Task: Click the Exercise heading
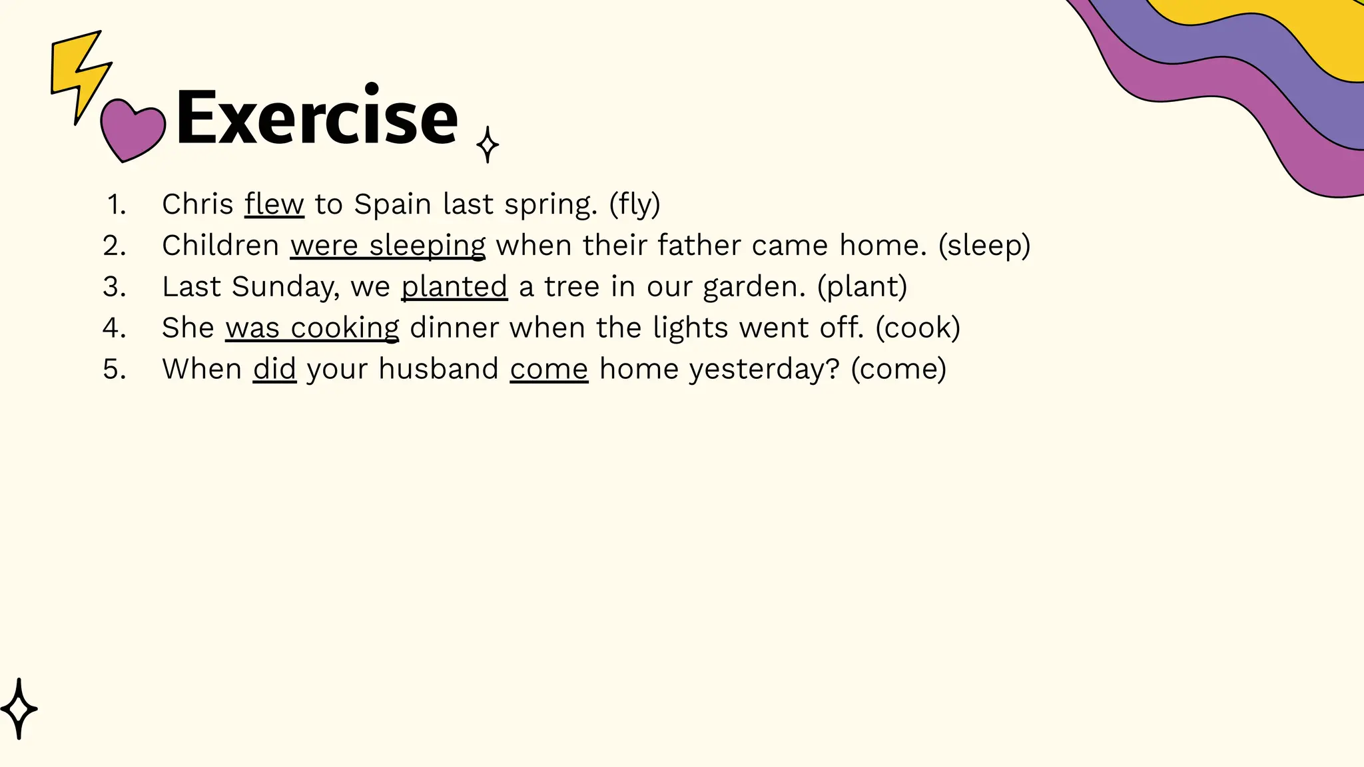pyautogui.click(x=316, y=119)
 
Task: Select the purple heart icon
pyautogui.click(x=132, y=130)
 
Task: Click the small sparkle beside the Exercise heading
pyautogui.click(x=488, y=144)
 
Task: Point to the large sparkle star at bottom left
pyautogui.click(x=19, y=708)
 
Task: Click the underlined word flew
pyautogui.click(x=274, y=204)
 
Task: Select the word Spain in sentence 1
pyautogui.click(x=392, y=204)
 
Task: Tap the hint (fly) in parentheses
pyautogui.click(x=634, y=204)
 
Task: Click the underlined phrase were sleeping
pyautogui.click(x=388, y=246)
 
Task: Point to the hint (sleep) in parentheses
pyautogui.click(x=984, y=246)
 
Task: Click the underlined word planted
pyautogui.click(x=454, y=287)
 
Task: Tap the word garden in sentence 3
pyautogui.click(x=753, y=287)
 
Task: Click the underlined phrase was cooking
pyautogui.click(x=312, y=328)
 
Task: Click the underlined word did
pyautogui.click(x=274, y=370)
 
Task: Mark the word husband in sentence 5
pyautogui.click(x=438, y=370)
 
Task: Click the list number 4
pyautogui.click(x=114, y=328)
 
